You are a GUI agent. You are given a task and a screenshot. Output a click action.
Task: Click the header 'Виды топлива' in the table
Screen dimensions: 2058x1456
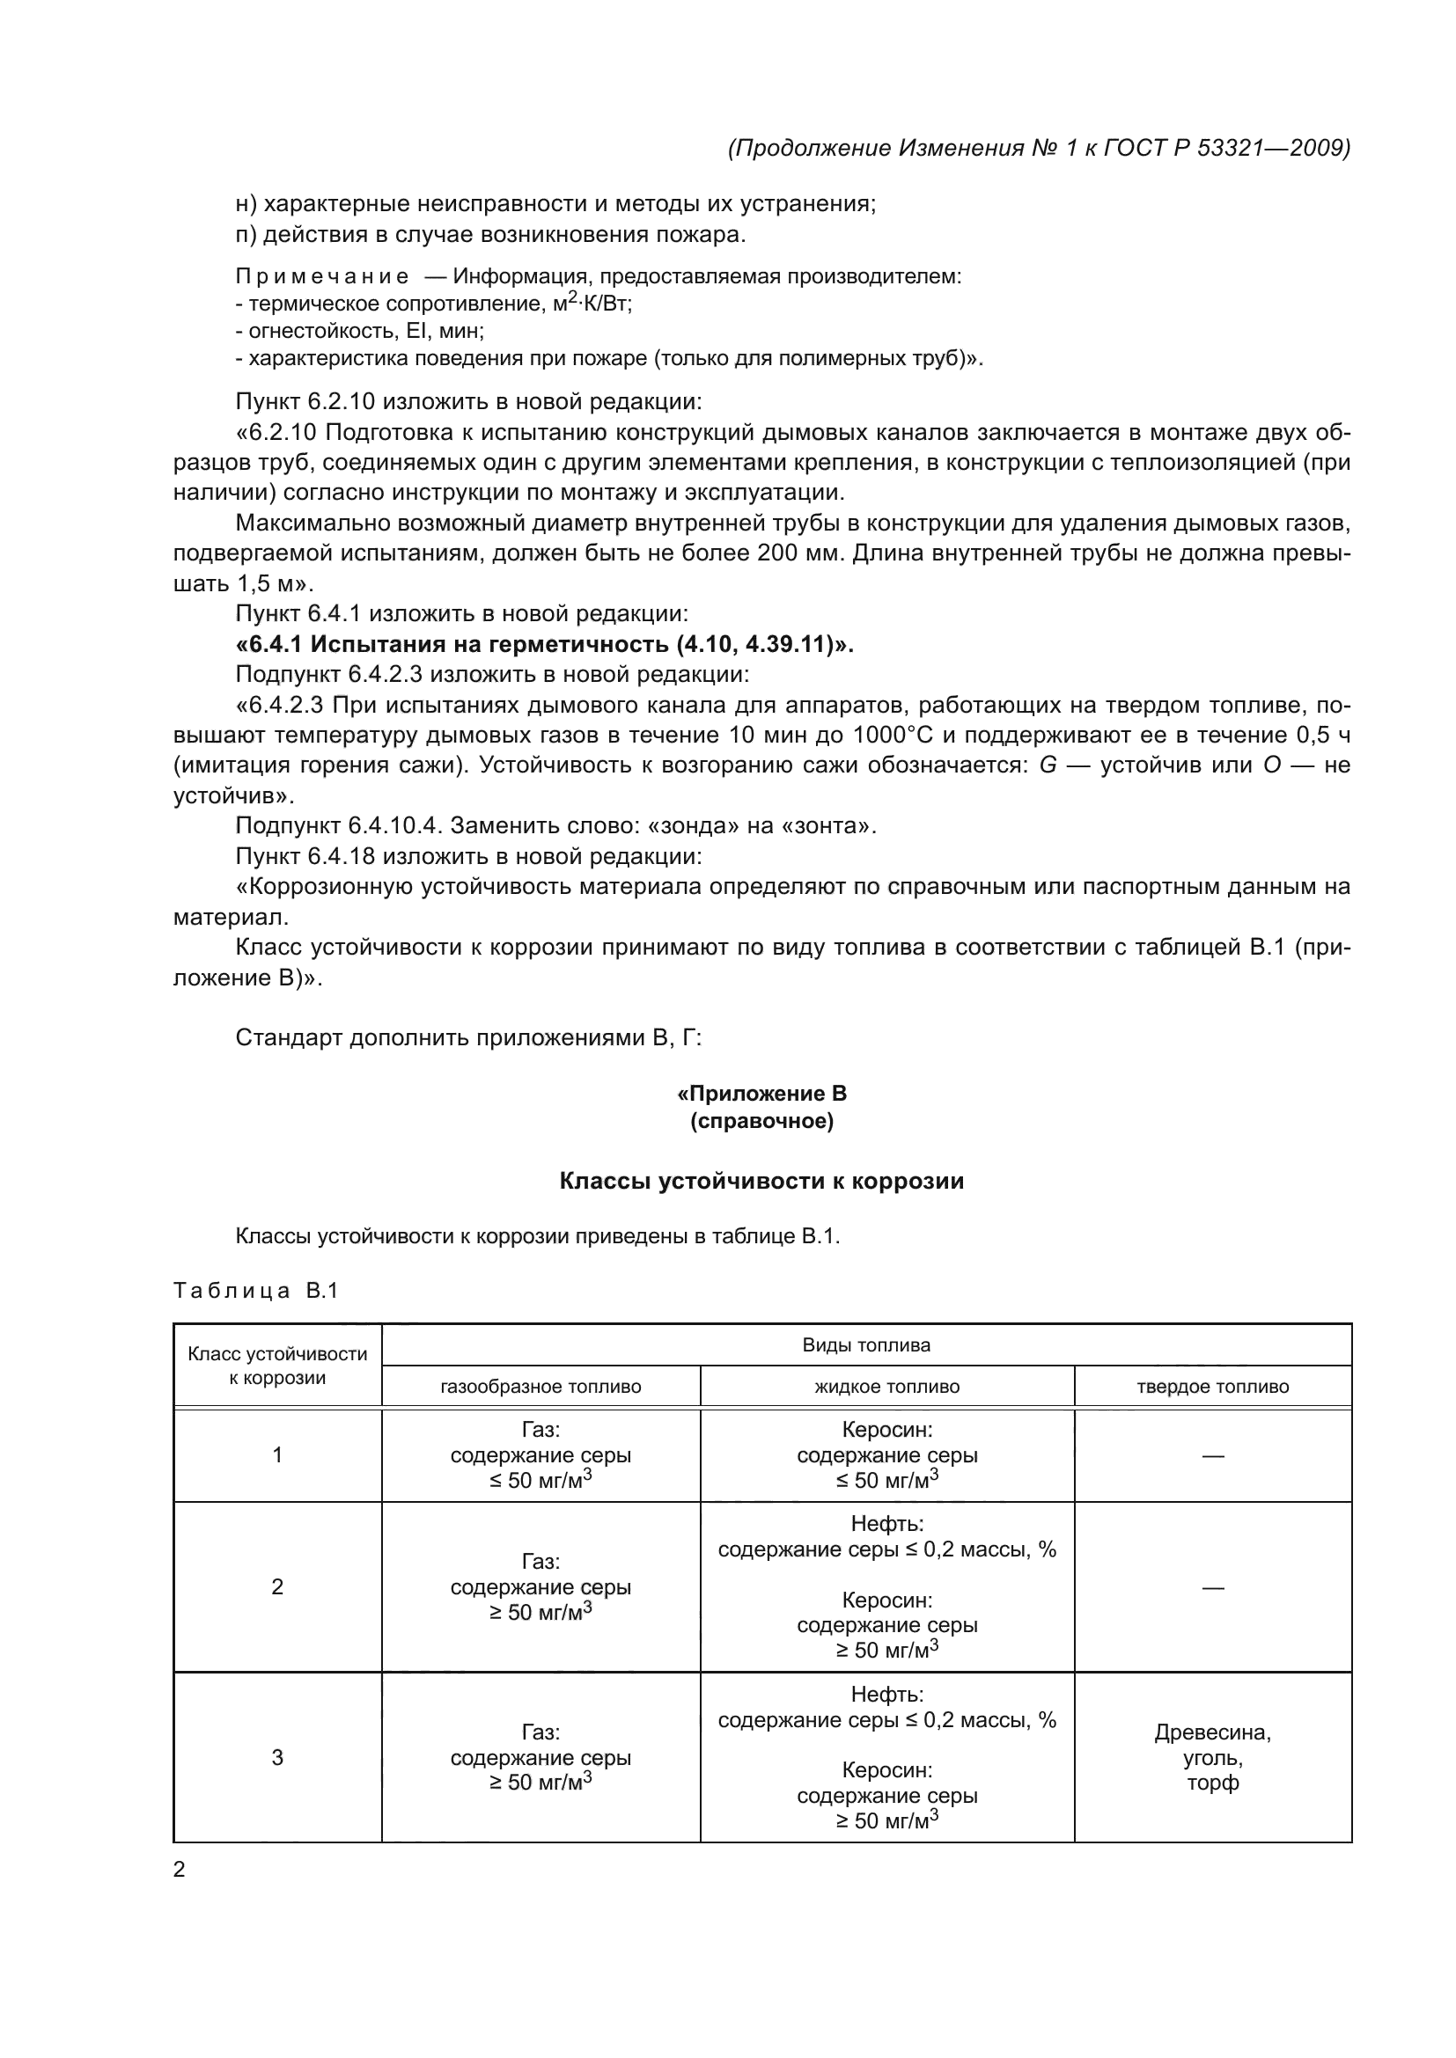coord(865,1344)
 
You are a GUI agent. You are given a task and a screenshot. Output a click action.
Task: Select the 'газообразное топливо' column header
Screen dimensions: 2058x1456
coord(540,1387)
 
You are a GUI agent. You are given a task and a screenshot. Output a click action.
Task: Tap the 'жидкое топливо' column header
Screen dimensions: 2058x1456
coord(886,1387)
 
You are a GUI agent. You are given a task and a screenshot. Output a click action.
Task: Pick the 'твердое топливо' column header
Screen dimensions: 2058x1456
coord(1212,1387)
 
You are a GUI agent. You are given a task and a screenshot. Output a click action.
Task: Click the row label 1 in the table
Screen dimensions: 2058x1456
coord(277,1454)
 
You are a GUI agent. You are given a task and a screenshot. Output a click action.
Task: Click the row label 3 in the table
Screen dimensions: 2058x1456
coord(277,1757)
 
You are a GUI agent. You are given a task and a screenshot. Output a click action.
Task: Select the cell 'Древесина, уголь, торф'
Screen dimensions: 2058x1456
coord(1212,1757)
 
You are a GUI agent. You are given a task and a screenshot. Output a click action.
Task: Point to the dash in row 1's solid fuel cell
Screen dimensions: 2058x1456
coord(1212,1455)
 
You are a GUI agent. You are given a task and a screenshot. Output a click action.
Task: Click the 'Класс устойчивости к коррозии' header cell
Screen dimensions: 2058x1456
coord(277,1366)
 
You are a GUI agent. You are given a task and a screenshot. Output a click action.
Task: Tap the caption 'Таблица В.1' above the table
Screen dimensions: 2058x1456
coord(255,1291)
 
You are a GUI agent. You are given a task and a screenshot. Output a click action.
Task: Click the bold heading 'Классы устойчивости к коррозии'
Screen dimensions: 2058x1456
coord(761,1181)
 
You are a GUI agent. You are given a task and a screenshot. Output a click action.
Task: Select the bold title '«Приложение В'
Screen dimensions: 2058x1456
coord(761,1094)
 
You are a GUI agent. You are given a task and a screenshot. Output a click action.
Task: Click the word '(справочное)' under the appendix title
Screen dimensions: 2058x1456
coord(761,1121)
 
